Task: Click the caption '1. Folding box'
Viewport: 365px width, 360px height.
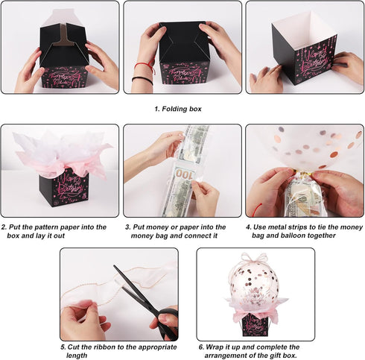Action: tap(178, 109)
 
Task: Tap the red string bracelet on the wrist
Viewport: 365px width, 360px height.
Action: tap(145, 66)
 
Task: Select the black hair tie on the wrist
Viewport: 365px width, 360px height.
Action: tap(140, 79)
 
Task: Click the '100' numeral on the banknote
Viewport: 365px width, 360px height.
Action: tap(184, 174)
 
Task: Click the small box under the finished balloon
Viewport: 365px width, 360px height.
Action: tap(256, 323)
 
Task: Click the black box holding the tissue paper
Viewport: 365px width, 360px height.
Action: tap(63, 188)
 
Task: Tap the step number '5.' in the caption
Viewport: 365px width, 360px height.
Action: tap(63, 347)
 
